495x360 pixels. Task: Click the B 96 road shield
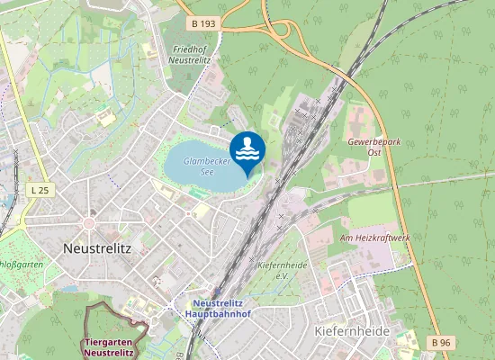(440, 342)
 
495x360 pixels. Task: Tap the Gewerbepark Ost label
(369, 147)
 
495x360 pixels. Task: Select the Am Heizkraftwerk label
(374, 237)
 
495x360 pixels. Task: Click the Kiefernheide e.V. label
(283, 271)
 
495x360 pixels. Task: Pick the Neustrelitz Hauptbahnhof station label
(227, 309)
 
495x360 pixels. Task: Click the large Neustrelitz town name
(98, 247)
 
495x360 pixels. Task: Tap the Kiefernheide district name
(352, 331)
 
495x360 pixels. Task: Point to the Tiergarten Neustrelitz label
(109, 348)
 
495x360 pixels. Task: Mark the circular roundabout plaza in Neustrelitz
(89, 222)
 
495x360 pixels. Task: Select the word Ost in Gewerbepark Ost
(375, 153)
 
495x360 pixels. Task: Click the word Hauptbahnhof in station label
(227, 315)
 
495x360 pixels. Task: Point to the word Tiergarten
(109, 343)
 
